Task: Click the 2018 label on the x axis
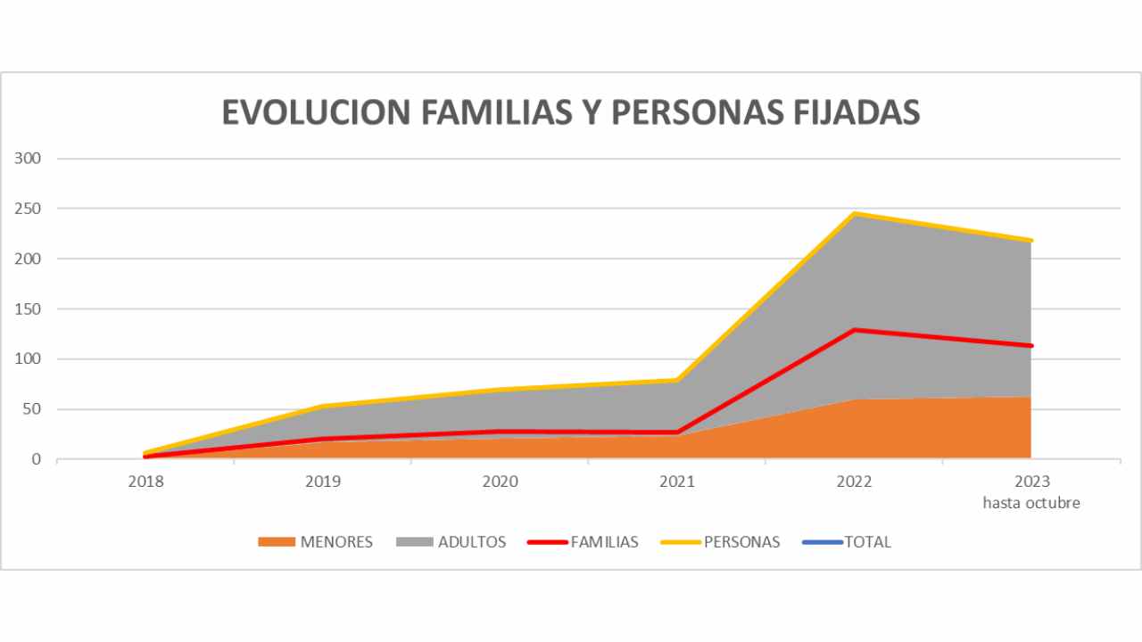coord(145,481)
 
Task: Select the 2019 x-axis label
coord(323,481)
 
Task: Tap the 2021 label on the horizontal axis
coord(677,481)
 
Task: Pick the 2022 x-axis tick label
coord(855,481)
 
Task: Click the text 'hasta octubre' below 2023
coord(1031,503)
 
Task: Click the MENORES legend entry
coord(335,542)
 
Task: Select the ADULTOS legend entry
coord(471,542)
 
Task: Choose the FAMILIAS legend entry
coord(604,542)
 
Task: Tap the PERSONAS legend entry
coord(741,542)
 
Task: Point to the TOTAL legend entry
coord(867,542)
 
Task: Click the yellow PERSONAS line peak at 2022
coord(855,214)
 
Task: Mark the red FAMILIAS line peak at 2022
coord(855,330)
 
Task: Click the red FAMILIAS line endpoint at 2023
coord(1030,346)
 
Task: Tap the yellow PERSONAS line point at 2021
coord(677,381)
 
